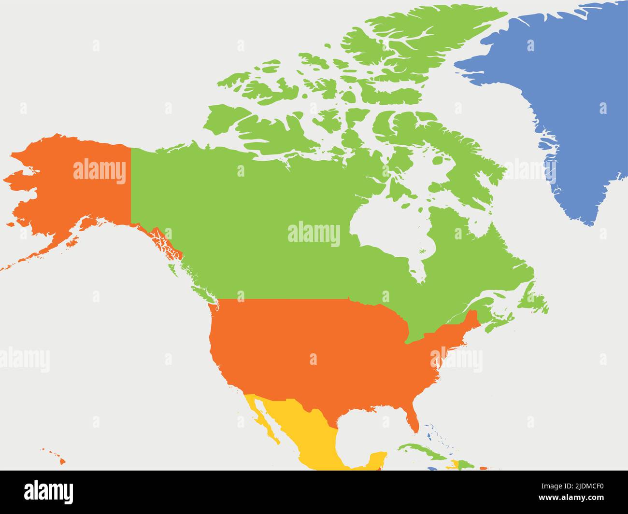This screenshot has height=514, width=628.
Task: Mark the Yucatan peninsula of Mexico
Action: click(377, 458)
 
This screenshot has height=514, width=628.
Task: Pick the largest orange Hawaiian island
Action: click(62, 461)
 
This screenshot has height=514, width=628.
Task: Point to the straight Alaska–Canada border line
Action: click(131, 183)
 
